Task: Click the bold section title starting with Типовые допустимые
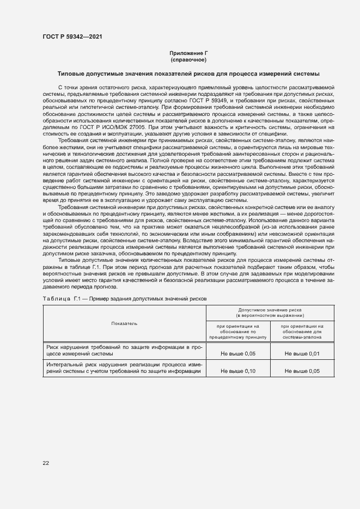click(188, 73)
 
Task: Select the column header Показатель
click(124, 323)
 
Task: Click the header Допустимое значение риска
click(270, 312)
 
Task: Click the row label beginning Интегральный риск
click(124, 367)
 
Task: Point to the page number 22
click(46, 463)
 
